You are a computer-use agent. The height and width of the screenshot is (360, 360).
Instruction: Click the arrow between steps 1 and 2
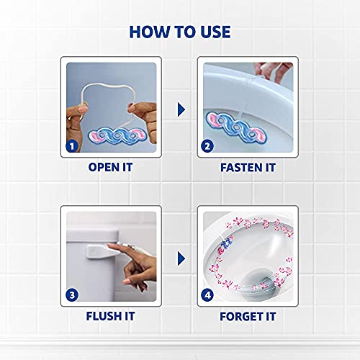pos(181,109)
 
